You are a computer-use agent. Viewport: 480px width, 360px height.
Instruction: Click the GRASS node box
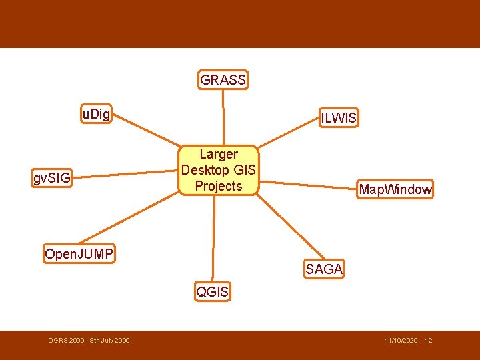[x=223, y=80]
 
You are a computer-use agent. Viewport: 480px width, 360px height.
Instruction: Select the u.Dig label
[x=96, y=114]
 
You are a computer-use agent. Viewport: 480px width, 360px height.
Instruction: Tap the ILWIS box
[x=339, y=118]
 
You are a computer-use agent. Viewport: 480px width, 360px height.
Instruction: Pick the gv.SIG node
[x=52, y=178]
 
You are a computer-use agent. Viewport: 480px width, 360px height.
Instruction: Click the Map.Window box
[x=395, y=189]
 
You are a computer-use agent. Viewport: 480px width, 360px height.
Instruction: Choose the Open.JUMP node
[x=79, y=253]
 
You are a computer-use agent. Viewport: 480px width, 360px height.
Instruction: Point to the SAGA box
[x=324, y=269]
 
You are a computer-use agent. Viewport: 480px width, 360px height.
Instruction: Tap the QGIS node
[x=213, y=291]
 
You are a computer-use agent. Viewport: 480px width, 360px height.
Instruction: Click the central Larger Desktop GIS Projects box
[x=218, y=170]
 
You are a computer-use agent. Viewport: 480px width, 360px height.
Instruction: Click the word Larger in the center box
[x=219, y=155]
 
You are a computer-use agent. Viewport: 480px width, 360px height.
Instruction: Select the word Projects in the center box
[x=219, y=186]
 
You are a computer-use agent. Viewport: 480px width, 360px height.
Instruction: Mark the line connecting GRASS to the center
[x=224, y=117]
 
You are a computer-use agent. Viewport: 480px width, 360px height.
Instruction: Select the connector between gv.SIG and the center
[x=127, y=175]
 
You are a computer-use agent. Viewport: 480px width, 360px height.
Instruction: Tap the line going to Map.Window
[x=307, y=183]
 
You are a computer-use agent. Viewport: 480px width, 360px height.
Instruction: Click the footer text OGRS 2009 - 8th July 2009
[x=89, y=341]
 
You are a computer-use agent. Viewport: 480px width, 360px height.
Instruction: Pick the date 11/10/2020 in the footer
[x=401, y=341]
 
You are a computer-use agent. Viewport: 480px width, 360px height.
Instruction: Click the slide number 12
[x=429, y=341]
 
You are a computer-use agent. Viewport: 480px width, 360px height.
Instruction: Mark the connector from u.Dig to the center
[x=147, y=131]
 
